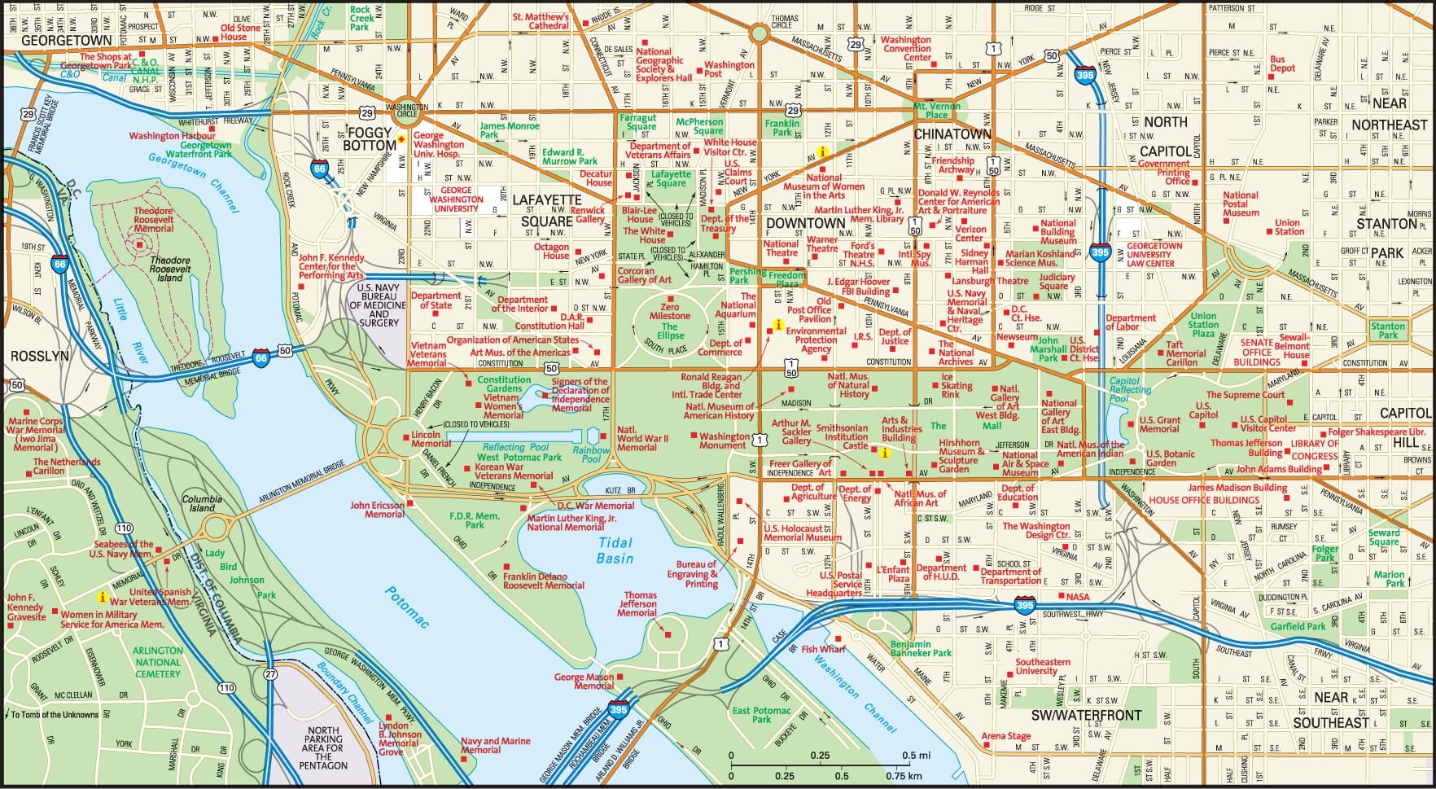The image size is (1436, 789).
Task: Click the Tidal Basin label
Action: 615,550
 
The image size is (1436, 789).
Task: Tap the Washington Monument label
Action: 724,441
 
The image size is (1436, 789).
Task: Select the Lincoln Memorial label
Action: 431,439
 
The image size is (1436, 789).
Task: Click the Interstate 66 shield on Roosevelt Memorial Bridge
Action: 260,357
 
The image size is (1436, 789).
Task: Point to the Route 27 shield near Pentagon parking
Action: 270,674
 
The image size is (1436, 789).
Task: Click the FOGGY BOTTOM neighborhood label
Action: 369,138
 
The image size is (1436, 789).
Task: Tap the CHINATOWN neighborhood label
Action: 952,134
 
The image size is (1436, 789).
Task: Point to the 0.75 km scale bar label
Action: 905,775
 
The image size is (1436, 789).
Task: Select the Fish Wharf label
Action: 823,649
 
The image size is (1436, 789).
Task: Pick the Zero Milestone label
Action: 669,311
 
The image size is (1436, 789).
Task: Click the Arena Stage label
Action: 1005,735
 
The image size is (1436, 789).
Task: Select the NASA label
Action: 1077,597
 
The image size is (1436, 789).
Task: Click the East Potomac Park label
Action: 761,715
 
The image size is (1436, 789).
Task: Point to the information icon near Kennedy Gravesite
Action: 102,596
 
